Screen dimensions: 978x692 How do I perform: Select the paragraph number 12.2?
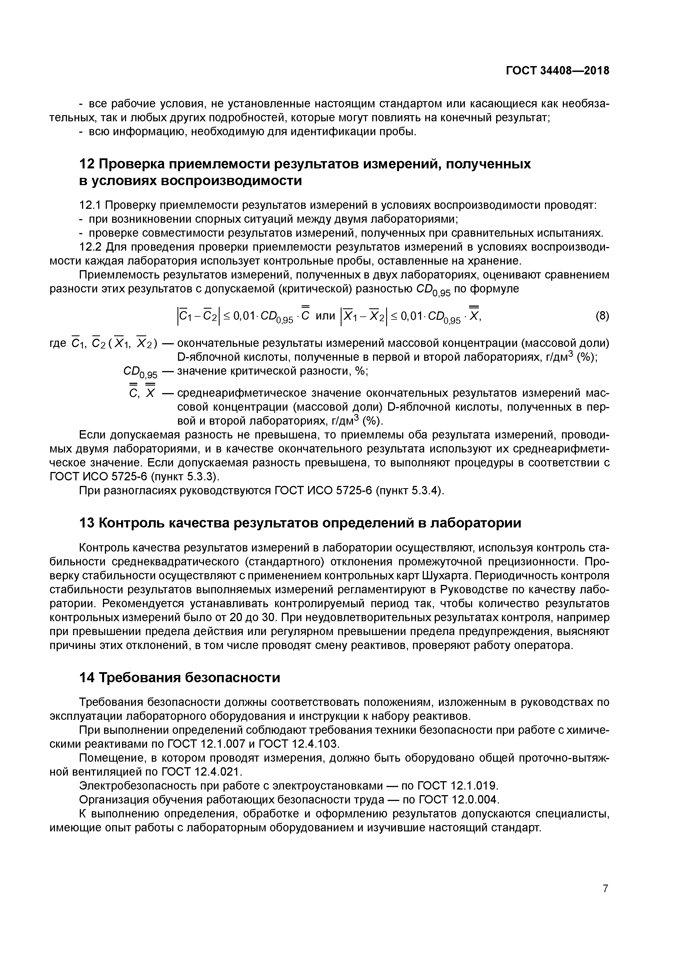coord(90,247)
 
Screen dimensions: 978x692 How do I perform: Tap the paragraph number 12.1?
coord(90,205)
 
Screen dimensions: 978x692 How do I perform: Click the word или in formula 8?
coord(325,316)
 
